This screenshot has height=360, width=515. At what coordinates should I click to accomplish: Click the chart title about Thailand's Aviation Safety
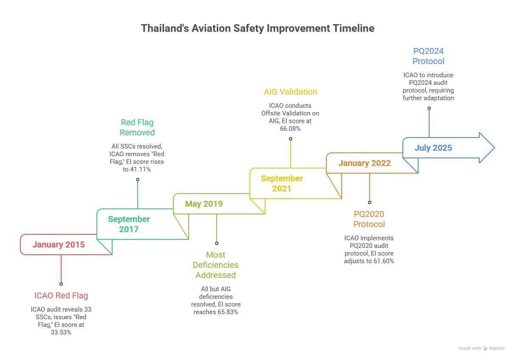click(257, 28)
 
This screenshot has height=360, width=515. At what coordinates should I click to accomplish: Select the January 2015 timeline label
click(59, 245)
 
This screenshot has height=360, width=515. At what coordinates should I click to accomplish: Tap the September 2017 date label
click(129, 224)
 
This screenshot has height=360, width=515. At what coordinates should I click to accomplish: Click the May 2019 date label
click(204, 204)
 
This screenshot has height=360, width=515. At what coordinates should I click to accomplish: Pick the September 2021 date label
click(282, 183)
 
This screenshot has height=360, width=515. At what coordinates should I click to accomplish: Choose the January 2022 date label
click(364, 163)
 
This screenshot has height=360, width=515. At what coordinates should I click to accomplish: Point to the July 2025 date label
click(433, 148)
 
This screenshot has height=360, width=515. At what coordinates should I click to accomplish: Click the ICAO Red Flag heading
click(61, 295)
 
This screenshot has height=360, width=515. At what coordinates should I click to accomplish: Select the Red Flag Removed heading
click(137, 127)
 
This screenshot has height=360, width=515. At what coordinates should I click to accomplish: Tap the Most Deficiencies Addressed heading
click(215, 265)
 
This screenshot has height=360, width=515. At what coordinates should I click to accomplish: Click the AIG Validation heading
click(290, 92)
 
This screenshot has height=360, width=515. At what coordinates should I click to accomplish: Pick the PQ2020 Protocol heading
click(369, 219)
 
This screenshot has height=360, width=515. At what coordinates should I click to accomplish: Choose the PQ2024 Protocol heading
click(428, 56)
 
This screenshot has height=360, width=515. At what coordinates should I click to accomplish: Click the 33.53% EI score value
click(61, 332)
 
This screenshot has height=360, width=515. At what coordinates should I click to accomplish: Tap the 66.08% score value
click(290, 128)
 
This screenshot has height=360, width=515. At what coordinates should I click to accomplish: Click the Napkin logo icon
click(485, 349)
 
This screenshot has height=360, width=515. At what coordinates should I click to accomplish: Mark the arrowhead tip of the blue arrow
click(494, 148)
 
